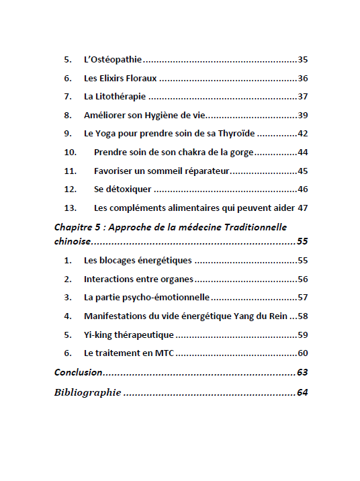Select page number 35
click(302, 60)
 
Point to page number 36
click(302, 78)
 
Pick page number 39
click(302, 115)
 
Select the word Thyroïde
click(236, 134)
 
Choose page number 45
click(302, 171)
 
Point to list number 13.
click(71, 208)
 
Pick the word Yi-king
click(99, 335)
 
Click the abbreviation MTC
click(163, 353)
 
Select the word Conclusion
click(78, 372)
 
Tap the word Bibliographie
click(87, 393)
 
